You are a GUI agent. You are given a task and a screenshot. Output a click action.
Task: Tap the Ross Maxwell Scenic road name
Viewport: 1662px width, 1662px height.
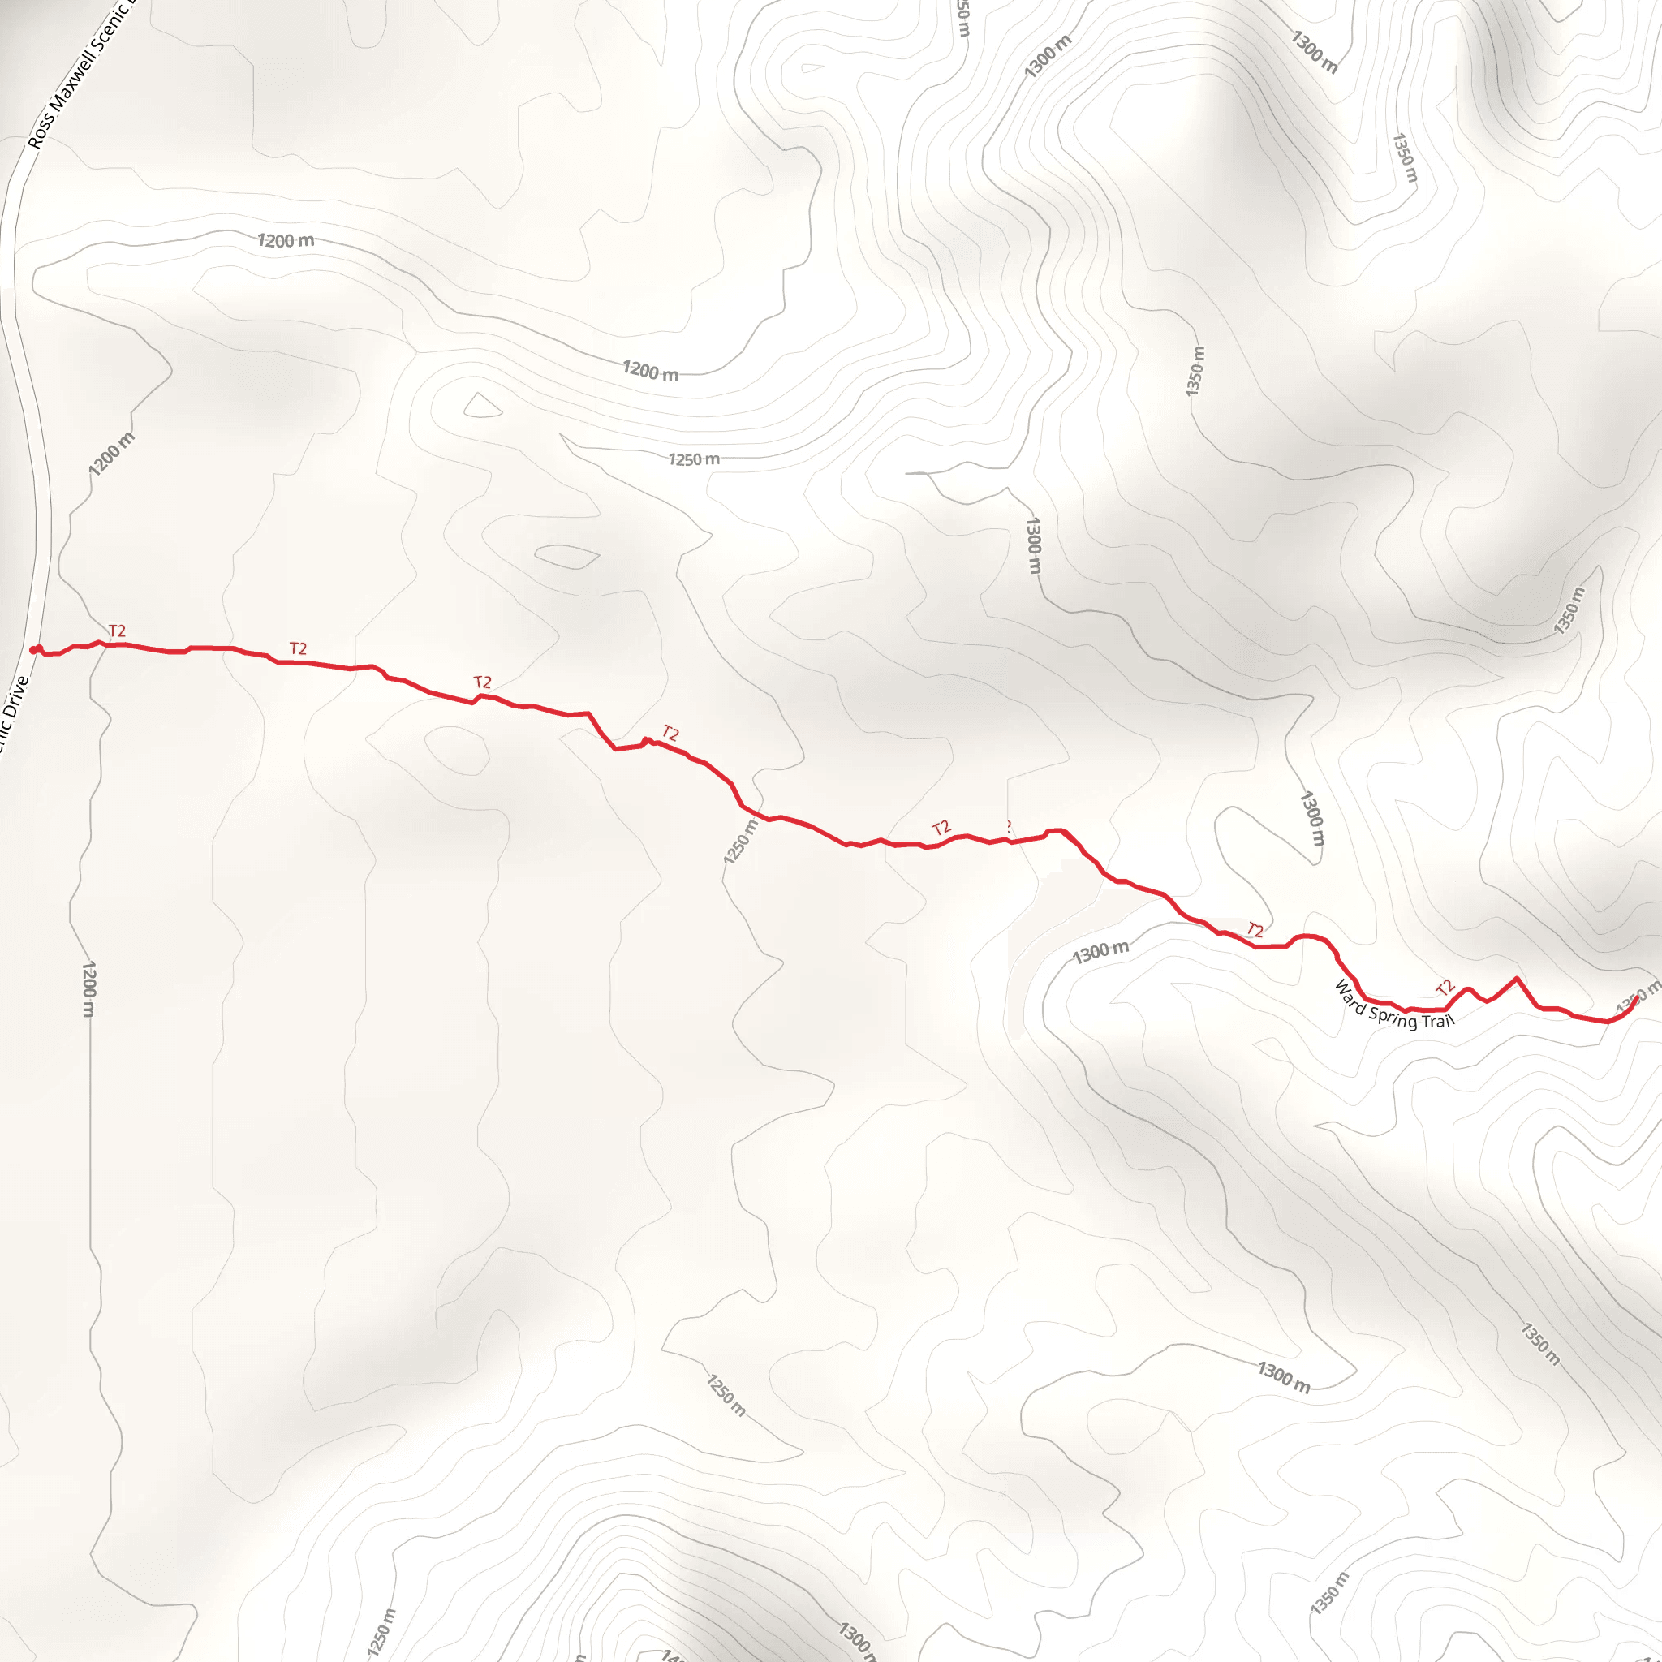coord(77,77)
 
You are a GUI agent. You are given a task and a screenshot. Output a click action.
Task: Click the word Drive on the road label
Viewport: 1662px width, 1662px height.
coord(15,702)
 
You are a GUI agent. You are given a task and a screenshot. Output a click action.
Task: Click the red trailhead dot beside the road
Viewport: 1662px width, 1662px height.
coord(34,649)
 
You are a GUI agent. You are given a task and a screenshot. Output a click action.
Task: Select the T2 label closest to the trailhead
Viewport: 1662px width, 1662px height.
coord(117,631)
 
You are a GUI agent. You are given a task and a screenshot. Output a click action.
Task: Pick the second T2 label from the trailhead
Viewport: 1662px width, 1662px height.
coord(298,648)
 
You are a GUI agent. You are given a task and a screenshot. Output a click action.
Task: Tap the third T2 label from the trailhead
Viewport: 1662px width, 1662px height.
coord(482,682)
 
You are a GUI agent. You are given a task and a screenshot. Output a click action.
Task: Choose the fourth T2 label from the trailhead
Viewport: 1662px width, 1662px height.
coord(670,733)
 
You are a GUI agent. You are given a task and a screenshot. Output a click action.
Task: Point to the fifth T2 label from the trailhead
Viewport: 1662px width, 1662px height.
coord(941,828)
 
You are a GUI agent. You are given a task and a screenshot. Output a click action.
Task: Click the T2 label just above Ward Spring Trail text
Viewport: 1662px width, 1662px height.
coord(1445,987)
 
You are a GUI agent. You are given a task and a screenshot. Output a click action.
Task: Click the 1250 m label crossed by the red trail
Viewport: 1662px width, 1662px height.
coord(741,842)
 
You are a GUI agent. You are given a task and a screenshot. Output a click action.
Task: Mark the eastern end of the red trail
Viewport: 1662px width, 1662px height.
coord(1636,998)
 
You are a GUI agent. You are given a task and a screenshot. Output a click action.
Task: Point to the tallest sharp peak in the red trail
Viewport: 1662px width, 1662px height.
coord(1516,978)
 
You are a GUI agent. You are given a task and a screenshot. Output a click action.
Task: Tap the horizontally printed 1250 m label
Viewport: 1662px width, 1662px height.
coord(693,459)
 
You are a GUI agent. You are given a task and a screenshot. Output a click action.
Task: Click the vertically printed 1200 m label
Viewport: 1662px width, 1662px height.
coord(88,988)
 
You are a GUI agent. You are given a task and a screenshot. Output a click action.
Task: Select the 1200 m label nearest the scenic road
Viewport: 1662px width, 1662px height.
coord(112,454)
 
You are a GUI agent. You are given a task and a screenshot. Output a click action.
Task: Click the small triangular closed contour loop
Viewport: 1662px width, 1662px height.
coord(482,406)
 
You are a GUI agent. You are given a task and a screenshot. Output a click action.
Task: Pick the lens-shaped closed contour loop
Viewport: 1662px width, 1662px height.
coord(567,557)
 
